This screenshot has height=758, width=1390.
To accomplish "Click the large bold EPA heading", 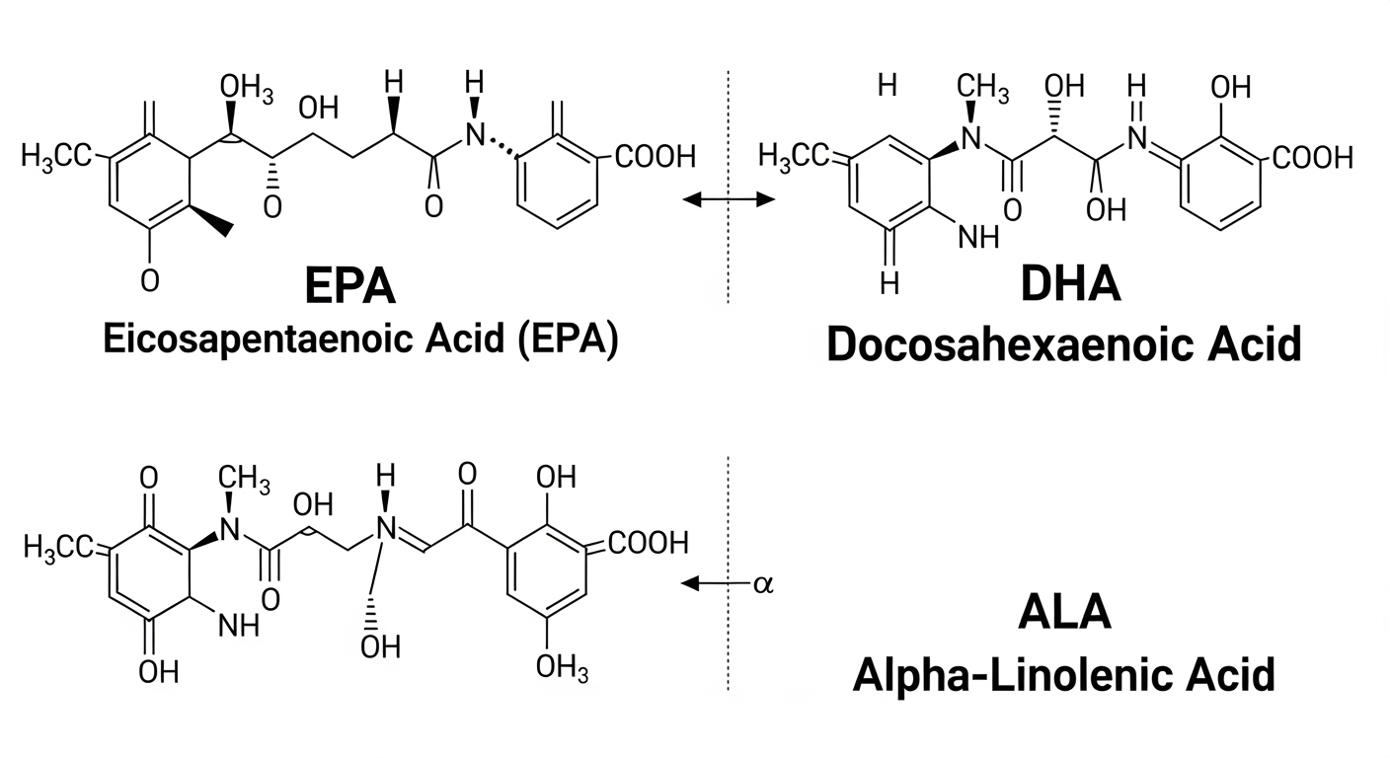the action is click(x=349, y=286).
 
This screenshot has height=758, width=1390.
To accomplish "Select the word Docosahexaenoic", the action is click(x=986, y=344).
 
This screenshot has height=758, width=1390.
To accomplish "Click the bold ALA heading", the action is click(x=1063, y=612).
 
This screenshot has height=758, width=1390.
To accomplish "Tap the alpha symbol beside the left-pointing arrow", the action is click(x=763, y=583).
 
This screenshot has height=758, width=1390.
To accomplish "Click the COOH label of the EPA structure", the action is click(x=656, y=157).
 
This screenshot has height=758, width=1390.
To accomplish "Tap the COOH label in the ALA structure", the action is click(x=648, y=543).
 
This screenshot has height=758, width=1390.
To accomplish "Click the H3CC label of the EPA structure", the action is click(x=55, y=156).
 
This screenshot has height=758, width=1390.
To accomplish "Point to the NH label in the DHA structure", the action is click(x=978, y=236).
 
